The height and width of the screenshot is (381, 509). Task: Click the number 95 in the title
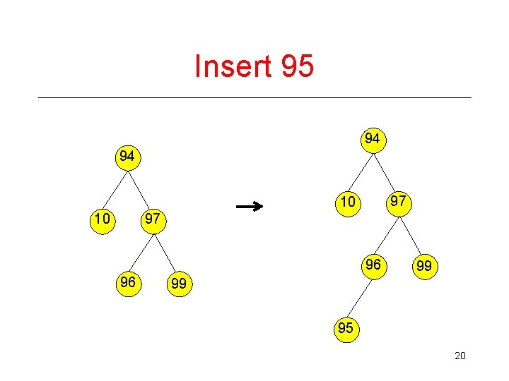[297, 67]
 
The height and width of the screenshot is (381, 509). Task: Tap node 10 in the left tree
[103, 219]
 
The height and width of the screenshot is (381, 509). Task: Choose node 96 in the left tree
[128, 282]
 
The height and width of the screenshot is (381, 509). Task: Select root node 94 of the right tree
[373, 139]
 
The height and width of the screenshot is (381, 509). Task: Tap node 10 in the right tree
[347, 202]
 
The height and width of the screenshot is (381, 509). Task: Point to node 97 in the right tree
[398, 202]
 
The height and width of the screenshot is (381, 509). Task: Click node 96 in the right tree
[373, 265]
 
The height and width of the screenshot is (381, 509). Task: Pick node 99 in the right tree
[423, 266]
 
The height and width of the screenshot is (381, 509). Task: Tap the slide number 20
[460, 356]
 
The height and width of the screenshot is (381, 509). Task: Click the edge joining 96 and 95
[360, 296]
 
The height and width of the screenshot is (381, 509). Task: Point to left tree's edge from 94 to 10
[115, 188]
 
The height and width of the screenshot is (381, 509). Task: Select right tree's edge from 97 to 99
[411, 234]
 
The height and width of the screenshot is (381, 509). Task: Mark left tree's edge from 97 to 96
[141, 251]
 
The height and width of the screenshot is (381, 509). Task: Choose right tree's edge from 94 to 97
[385, 170]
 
